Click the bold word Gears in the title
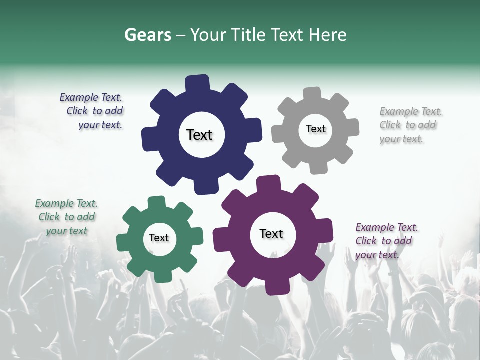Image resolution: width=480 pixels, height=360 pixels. pyautogui.click(x=148, y=35)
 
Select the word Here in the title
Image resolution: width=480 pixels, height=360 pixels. pyautogui.click(x=327, y=35)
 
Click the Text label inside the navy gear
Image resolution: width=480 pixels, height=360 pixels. pyautogui.click(x=199, y=135)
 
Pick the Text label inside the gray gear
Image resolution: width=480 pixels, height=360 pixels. pyautogui.click(x=315, y=129)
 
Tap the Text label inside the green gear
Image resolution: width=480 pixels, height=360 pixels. pyautogui.click(x=159, y=238)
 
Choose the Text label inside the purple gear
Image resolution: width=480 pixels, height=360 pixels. pyautogui.click(x=271, y=234)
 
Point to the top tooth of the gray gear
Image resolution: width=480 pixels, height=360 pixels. pyautogui.click(x=312, y=94)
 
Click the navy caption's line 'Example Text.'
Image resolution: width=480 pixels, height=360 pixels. pyautogui.click(x=91, y=97)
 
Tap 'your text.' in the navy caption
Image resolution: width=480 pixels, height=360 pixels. pyautogui.click(x=100, y=125)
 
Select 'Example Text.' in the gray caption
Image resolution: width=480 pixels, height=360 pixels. pyautogui.click(x=411, y=111)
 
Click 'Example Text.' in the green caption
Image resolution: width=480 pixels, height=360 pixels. pyautogui.click(x=66, y=203)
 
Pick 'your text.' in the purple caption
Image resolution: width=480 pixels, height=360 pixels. pyautogui.click(x=377, y=255)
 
